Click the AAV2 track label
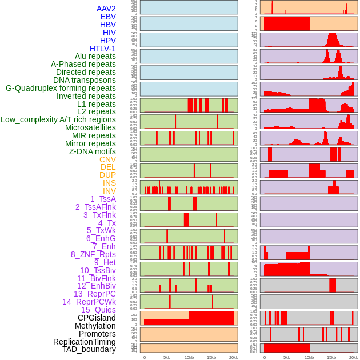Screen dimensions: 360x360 pos(106,9)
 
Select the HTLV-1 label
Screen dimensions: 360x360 pos(102,49)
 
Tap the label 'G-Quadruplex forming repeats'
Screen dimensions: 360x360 pos(61,88)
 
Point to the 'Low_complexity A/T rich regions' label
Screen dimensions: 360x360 pos(58,119)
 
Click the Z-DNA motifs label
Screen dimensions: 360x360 pos(92,151)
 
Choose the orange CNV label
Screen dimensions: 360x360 pos(107,159)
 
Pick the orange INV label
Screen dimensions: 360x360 pos(109,191)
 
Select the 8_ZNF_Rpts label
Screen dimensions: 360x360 pos(93,254)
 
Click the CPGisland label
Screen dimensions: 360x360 pos(97,318)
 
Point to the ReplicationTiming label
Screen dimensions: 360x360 pos(84,342)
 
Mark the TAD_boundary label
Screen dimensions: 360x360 pos(89,349)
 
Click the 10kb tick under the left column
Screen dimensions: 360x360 pos(189,357)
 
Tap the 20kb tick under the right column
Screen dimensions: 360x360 pos(354,357)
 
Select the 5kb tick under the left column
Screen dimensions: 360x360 pos(167,357)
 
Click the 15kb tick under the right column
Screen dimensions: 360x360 pos(331,357)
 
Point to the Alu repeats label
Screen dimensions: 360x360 pos(95,56)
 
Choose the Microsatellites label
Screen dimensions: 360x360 pos(90,127)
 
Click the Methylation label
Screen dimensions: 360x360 pos(95,326)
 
